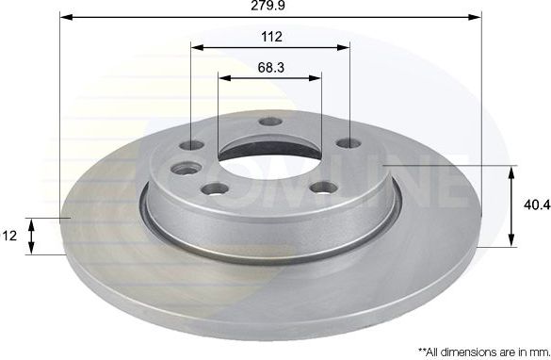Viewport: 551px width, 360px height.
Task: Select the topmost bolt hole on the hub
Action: pos(270,122)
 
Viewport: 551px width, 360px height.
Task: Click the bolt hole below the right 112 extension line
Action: pos(349,143)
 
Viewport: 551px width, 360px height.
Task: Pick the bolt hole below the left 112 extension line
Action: pos(191,145)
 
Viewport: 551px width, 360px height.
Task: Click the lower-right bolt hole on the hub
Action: pos(324,187)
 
